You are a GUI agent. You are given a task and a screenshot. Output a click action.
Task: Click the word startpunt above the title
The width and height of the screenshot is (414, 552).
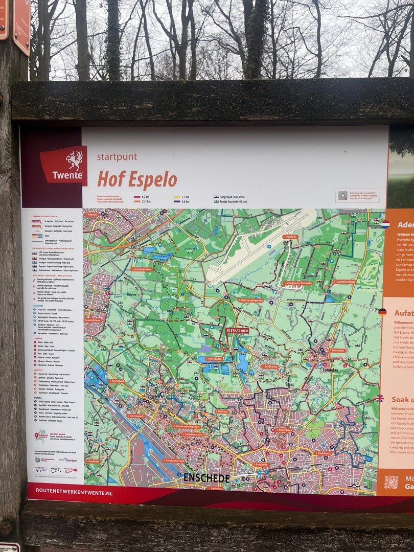(x=117, y=157)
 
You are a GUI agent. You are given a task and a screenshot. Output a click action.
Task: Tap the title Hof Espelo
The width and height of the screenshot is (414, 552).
(x=137, y=179)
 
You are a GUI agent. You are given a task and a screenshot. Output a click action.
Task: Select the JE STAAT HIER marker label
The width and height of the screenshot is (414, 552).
(x=237, y=331)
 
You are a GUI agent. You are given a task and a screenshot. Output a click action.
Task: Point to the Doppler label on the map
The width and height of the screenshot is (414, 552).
(x=290, y=237)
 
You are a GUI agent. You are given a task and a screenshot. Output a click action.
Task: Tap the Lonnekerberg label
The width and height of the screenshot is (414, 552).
(x=344, y=282)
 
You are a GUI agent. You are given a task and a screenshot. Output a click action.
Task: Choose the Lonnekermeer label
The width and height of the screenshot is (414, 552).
(x=142, y=269)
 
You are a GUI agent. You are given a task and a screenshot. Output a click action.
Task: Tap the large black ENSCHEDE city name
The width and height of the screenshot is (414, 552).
(x=206, y=478)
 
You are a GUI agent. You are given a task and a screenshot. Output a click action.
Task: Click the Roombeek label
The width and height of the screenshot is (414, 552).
(x=284, y=430)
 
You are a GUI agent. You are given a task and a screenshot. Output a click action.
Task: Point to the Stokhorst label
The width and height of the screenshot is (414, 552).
(x=324, y=453)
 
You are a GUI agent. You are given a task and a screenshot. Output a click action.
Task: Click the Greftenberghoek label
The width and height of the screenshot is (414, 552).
(x=250, y=300)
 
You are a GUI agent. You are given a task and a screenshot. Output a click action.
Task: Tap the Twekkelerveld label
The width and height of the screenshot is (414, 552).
(x=174, y=460)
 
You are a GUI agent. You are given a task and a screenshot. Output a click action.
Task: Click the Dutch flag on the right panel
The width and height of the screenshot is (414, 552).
(x=385, y=224)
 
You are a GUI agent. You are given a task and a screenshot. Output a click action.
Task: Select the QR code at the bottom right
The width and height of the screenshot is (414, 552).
(x=391, y=481)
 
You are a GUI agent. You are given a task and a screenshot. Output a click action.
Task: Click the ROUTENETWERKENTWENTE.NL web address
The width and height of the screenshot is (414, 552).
(x=74, y=493)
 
